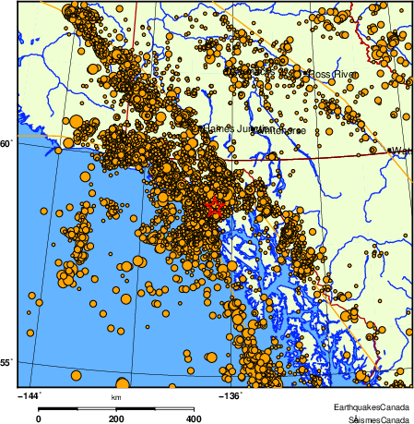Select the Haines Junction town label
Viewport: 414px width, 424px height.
231,128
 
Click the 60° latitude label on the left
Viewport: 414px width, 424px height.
6,143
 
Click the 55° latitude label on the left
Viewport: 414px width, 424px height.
6,364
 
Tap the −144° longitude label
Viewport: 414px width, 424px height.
30,395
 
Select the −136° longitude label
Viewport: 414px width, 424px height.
231,395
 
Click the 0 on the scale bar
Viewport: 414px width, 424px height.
38,418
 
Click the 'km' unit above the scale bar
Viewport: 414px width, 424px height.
116,398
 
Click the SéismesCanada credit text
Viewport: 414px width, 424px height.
373,418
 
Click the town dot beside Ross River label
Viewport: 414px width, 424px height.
306,73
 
